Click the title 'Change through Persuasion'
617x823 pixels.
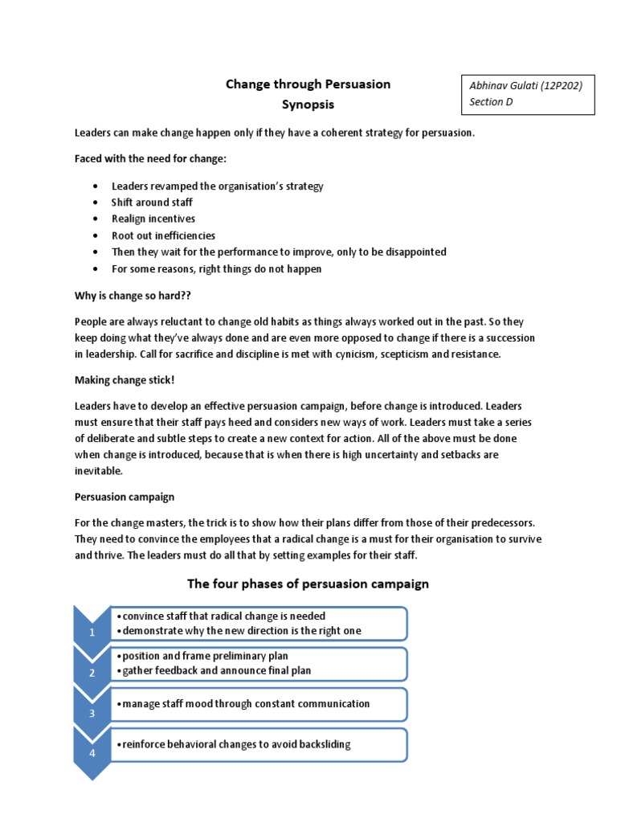point(308,84)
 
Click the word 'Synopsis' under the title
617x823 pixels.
point(308,104)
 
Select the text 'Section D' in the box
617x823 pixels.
point(492,102)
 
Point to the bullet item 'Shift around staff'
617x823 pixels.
point(152,203)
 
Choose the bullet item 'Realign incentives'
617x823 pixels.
point(153,219)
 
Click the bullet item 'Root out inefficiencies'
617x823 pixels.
point(163,235)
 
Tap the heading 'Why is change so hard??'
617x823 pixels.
point(128,296)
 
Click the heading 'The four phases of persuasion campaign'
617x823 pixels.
point(308,583)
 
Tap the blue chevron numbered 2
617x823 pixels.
point(92,672)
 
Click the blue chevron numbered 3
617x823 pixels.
point(92,712)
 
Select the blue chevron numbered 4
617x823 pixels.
point(92,752)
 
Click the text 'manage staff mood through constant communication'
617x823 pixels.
point(243,704)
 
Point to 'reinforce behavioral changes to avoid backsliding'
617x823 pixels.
point(235,744)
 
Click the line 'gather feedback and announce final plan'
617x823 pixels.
point(215,670)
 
